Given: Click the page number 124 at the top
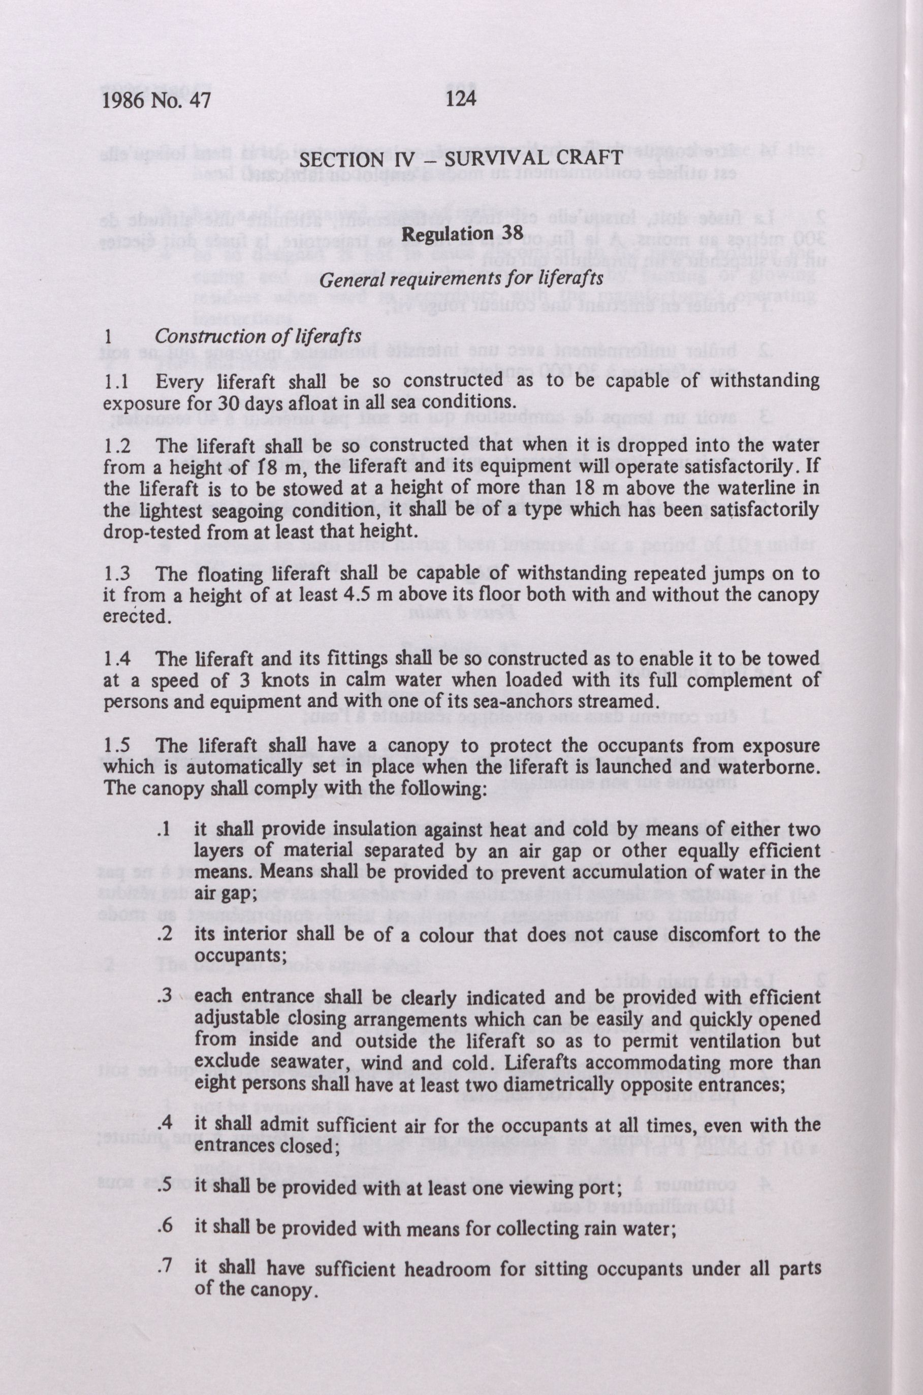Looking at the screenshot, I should click(x=460, y=99).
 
